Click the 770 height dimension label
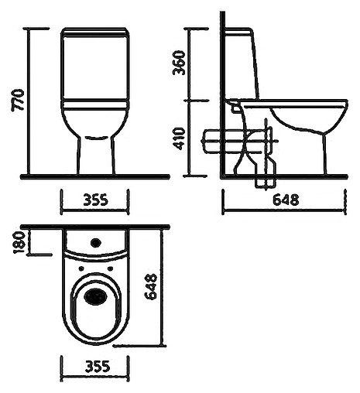18,101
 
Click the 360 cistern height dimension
179,63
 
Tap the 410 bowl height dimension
179,138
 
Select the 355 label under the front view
95,200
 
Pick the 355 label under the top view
98,366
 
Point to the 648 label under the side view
286,200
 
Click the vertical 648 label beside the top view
151,286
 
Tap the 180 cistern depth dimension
19,242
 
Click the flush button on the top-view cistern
96,243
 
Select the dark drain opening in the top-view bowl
95,296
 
